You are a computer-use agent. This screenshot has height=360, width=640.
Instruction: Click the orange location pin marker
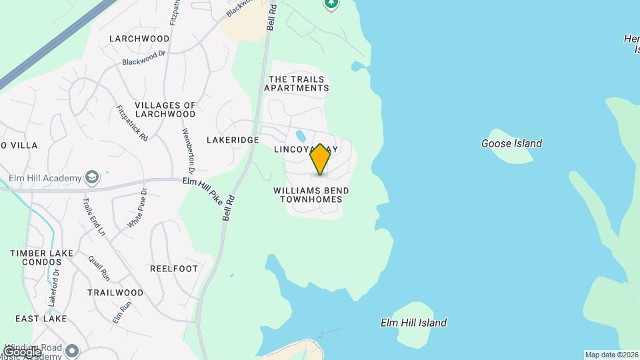(x=320, y=159)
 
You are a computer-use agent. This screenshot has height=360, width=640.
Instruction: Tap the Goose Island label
(x=511, y=143)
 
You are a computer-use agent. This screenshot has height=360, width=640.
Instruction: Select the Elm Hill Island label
(x=413, y=323)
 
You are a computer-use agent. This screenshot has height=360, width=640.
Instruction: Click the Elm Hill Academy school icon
(x=91, y=178)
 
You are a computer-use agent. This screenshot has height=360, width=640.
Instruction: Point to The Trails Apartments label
(x=299, y=83)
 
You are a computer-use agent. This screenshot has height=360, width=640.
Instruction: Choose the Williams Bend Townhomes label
(x=311, y=195)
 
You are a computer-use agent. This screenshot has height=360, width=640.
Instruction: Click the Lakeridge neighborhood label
(x=232, y=140)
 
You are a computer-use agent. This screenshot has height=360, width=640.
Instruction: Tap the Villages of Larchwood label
(x=165, y=109)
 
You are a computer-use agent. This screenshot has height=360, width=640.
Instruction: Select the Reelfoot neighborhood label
(x=173, y=269)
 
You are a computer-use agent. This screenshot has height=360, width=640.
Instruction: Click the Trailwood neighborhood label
(x=115, y=293)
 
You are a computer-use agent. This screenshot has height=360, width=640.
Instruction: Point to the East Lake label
(x=41, y=319)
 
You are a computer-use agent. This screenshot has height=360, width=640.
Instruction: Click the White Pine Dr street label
(x=137, y=208)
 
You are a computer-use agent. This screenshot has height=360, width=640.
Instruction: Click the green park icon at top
(x=331, y=3)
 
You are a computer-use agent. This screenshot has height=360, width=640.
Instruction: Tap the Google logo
(x=21, y=351)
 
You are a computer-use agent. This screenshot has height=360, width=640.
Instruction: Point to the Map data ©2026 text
(x=611, y=355)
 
